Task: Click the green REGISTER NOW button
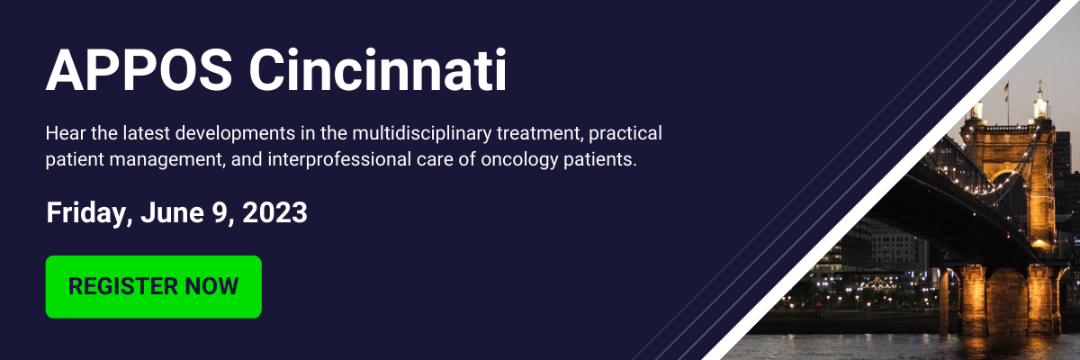click(x=154, y=287)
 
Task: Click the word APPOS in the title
click(x=139, y=70)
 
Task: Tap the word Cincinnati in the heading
click(x=377, y=70)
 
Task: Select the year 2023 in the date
click(x=274, y=212)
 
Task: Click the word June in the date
click(x=172, y=212)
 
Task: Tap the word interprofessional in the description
click(x=339, y=160)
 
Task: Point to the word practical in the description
click(x=625, y=133)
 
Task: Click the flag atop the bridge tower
click(x=1006, y=89)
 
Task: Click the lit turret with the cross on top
click(x=1039, y=103)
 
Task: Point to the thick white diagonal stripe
click(x=888, y=180)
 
